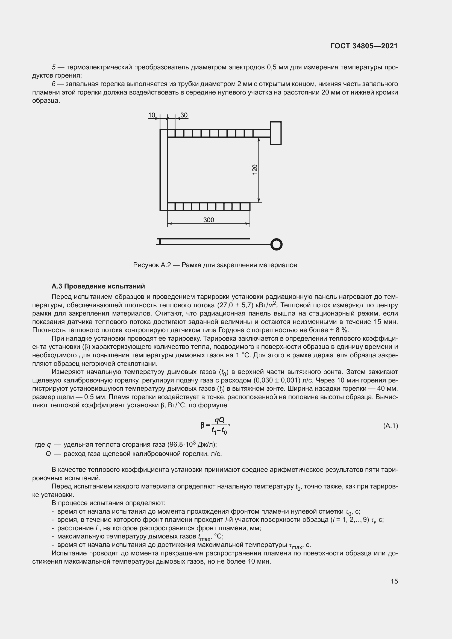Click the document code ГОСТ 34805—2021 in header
[364, 46]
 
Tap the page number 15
[394, 581]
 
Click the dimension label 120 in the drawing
[255, 169]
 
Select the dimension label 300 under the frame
[209, 220]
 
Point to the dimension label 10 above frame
[151, 115]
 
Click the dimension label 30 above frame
[184, 115]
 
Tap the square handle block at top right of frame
[276, 133]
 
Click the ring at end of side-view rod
[277, 244]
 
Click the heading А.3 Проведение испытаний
[98, 286]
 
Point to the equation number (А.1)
[391, 426]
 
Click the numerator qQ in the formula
[220, 420]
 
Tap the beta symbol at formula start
[202, 425]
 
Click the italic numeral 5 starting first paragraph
[54, 67]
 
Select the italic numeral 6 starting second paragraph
[54, 84]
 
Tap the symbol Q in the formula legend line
[48, 454]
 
